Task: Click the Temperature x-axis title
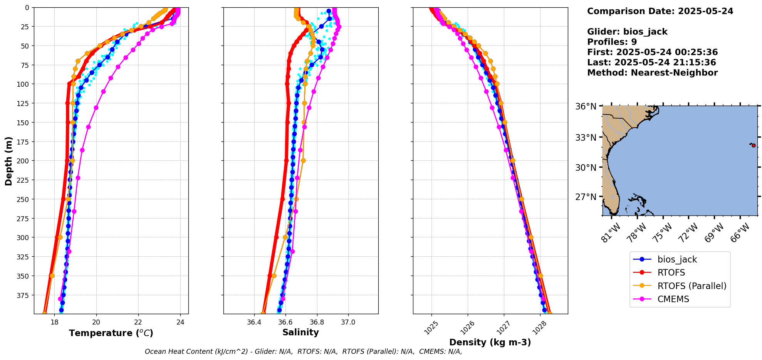point(111,333)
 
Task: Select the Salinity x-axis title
point(300,332)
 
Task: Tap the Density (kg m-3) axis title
point(490,342)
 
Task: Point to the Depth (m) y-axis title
point(9,161)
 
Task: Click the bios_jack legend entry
point(677,259)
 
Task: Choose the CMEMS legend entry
point(673,299)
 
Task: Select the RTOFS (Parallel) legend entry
point(692,286)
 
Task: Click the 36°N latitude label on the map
point(586,106)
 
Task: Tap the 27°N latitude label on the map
point(586,197)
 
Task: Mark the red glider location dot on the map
point(754,145)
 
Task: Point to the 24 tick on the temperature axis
point(180,323)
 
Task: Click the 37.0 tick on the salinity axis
point(348,322)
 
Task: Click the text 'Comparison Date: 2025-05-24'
point(660,11)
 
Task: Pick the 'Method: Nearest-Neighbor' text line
point(652,73)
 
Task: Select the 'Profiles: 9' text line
point(612,42)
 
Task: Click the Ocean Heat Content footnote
point(303,352)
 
